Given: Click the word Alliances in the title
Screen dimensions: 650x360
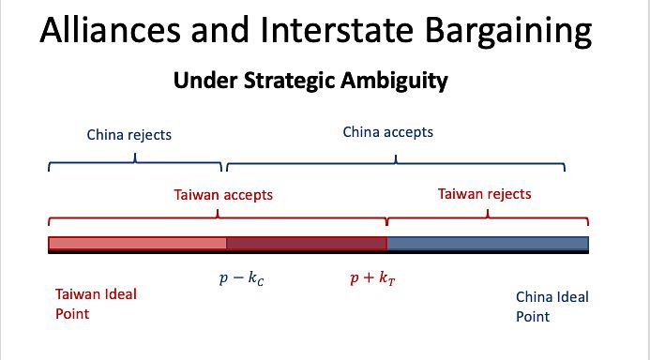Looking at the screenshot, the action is [111, 30].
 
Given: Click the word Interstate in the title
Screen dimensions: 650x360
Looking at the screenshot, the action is [337, 30].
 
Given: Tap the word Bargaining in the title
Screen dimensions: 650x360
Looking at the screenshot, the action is [508, 33].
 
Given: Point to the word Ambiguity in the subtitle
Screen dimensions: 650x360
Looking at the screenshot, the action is [394, 82].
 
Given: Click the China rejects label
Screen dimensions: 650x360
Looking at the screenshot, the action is [128, 135].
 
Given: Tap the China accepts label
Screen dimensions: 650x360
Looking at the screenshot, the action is [388, 132].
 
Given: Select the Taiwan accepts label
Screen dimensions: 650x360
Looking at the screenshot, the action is [223, 195].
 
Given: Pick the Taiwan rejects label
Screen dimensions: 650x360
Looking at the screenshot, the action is [485, 194].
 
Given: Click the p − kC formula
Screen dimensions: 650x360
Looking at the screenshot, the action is [241, 278].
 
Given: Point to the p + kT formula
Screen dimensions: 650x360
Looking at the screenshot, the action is [372, 278].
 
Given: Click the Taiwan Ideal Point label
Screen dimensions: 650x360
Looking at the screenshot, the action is [96, 304].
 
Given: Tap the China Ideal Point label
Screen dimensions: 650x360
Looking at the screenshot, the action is [552, 307].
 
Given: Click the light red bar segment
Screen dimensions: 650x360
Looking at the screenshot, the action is [138, 243].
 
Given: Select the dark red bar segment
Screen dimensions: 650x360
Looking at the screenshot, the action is [307, 243].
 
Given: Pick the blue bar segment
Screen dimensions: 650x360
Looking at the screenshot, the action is [488, 243].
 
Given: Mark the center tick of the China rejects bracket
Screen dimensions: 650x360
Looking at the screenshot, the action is [135, 157].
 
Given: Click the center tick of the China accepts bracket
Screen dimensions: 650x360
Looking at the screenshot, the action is [396, 159].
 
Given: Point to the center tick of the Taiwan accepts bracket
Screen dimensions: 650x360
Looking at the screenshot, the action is [218, 214].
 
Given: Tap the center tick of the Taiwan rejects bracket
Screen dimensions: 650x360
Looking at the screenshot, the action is [488, 214].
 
